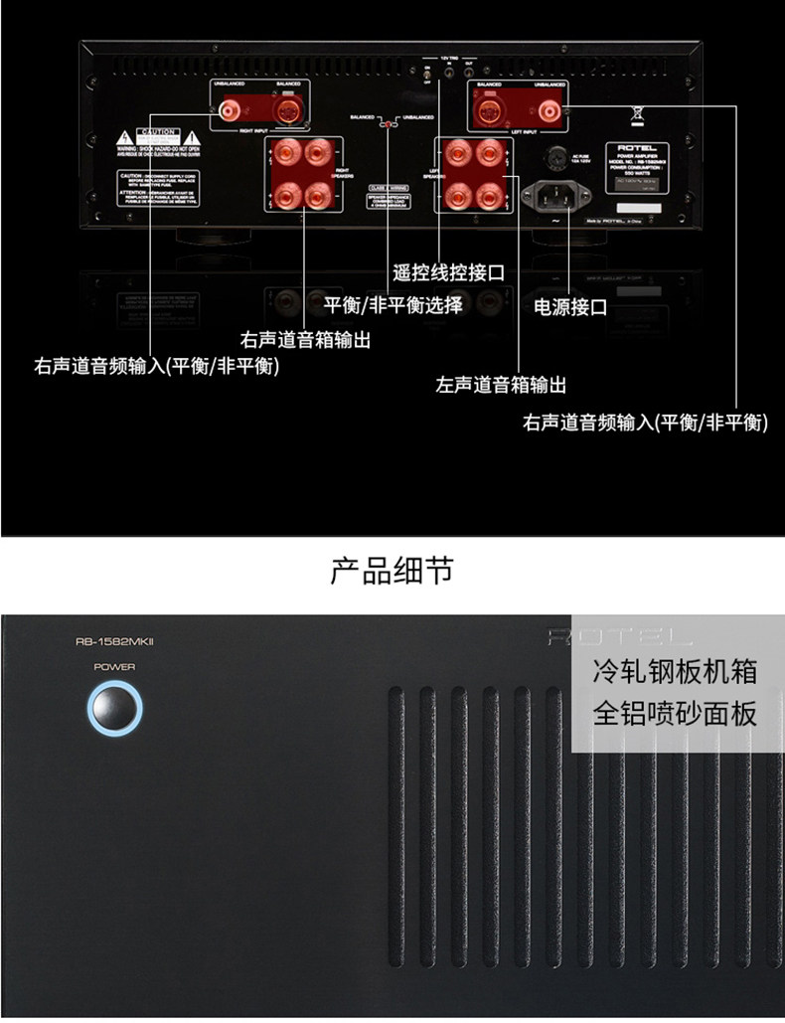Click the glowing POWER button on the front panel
[114, 709]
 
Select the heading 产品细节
[392, 570]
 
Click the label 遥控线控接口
[449, 271]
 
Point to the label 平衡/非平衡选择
[392, 304]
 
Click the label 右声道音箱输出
[305, 339]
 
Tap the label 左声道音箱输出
[501, 383]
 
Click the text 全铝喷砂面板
[675, 713]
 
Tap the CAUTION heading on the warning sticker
[157, 132]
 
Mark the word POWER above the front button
[114, 667]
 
